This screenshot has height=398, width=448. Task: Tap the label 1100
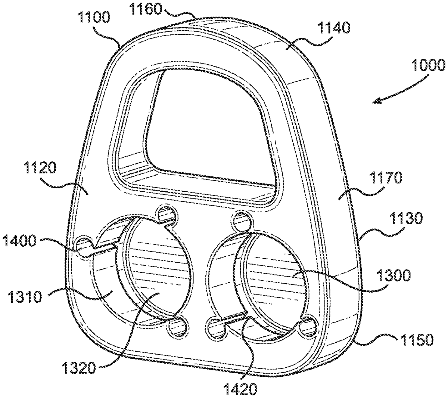pos(94,18)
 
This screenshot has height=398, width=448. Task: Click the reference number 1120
pos(40,168)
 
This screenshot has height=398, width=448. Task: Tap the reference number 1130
pos(406,218)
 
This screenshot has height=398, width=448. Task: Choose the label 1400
pos(19,241)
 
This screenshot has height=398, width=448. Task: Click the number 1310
pos(25,297)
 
